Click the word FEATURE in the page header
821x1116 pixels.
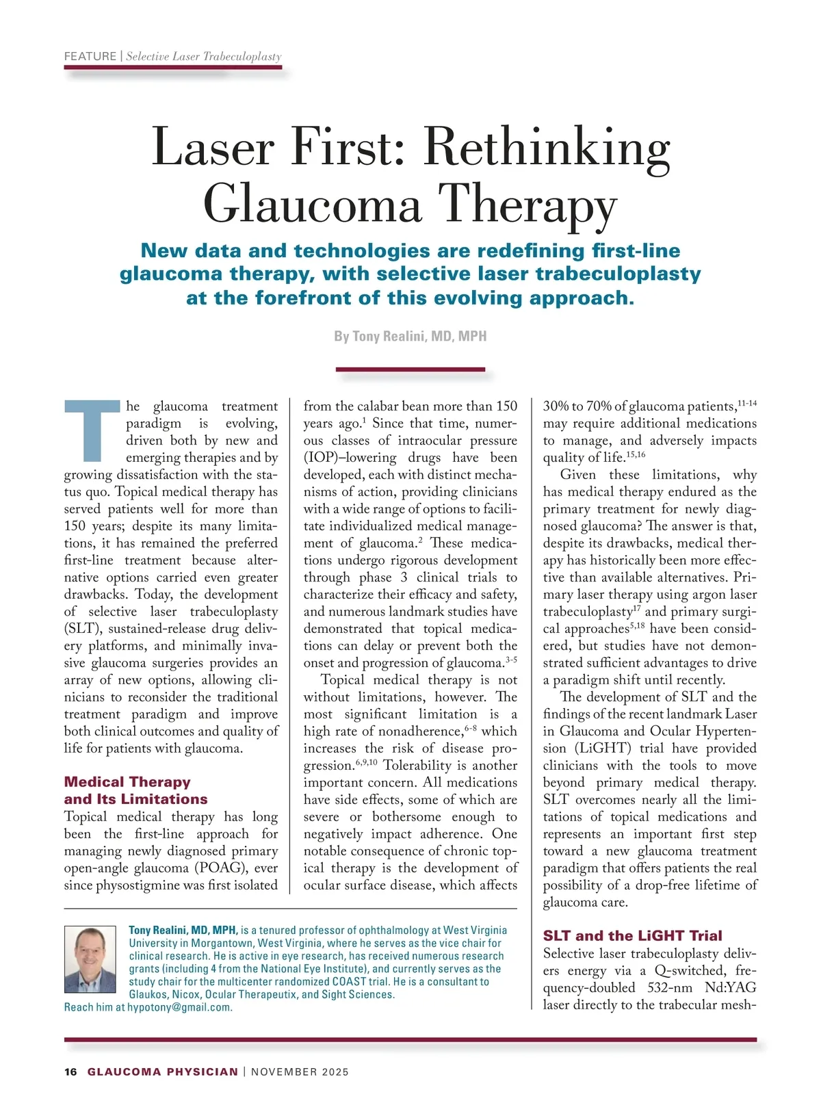click(90, 56)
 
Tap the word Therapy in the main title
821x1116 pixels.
click(527, 203)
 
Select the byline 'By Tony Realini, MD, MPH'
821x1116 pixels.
click(410, 336)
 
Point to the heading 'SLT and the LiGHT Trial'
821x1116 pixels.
click(632, 935)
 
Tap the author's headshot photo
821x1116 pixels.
click(90, 959)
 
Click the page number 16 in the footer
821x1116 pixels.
click(70, 1072)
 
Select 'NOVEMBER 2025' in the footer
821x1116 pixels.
click(300, 1072)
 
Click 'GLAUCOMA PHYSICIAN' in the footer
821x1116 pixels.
click(163, 1072)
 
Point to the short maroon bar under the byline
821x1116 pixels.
click(410, 369)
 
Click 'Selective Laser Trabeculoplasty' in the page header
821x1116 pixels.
click(204, 56)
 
